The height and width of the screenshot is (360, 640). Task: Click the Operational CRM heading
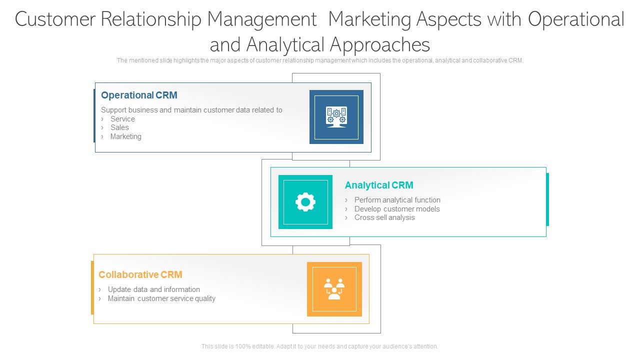coord(139,95)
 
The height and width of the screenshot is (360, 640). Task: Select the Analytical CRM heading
coord(379,185)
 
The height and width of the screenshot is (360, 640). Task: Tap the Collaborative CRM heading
coord(140,274)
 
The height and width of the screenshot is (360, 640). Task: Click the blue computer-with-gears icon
coord(336,117)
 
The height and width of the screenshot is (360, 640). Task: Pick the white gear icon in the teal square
coord(305,202)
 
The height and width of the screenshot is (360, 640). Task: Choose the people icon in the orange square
coord(334,289)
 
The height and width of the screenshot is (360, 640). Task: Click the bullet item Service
coord(122,119)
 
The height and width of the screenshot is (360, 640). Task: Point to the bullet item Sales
coord(119,127)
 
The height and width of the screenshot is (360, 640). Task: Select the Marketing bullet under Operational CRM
coord(125,136)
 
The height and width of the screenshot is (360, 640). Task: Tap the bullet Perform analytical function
coord(397,200)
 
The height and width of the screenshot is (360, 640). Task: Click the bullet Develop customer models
coord(397,209)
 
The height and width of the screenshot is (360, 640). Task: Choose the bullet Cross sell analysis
coord(384,217)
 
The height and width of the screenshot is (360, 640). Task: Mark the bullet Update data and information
coord(153,289)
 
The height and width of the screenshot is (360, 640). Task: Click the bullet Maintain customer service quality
coord(161,298)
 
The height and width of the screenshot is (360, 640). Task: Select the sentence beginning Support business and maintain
coord(191,110)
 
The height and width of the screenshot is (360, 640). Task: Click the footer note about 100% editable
coord(320,346)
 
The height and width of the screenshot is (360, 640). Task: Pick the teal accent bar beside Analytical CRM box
coord(547,199)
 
